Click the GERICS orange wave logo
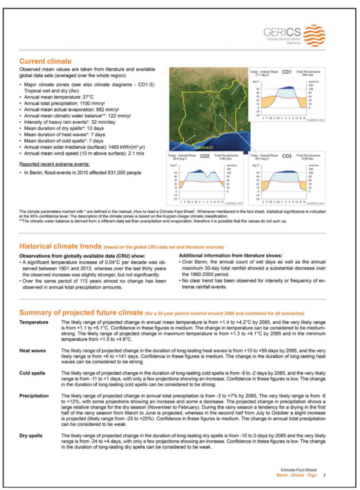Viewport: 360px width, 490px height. coord(314,35)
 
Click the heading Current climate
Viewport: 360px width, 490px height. coord(45,61)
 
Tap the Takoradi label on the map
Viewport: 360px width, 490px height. coord(203,147)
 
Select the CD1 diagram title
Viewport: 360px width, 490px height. coord(286,72)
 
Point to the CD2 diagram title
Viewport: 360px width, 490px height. coord(205,156)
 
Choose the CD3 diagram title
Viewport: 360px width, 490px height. coord(287,156)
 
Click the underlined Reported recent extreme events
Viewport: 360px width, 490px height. coord(55,164)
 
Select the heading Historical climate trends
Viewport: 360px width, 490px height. coord(60,246)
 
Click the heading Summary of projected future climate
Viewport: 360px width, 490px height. coord(81,313)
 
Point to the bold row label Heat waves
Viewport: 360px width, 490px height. coord(32,351)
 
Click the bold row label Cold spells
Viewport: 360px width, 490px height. coord(32,373)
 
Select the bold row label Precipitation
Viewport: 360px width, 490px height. coord(34,396)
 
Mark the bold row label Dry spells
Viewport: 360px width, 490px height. coord(31,435)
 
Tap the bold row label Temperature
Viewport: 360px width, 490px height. coord(34,322)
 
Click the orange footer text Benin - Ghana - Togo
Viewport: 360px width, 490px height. coord(296,475)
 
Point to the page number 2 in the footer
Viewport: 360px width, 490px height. coord(324,475)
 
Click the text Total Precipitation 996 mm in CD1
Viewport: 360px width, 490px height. coord(308,73)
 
